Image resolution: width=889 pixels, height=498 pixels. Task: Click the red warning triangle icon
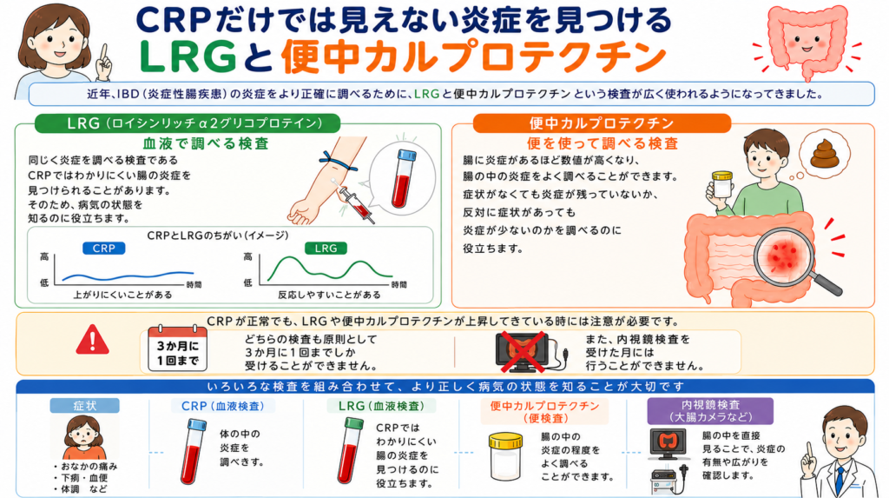tap(92, 340)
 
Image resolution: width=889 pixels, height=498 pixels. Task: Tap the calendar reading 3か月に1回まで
tap(177, 349)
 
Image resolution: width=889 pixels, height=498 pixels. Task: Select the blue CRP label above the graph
tap(104, 249)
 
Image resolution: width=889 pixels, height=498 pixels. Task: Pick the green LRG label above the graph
tap(326, 249)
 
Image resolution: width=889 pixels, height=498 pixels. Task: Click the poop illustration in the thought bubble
tap(825, 155)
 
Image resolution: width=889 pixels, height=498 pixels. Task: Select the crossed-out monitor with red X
tap(522, 352)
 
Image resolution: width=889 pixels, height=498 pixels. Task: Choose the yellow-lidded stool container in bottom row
tap(505, 456)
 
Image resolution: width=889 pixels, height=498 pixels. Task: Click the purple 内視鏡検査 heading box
tap(710, 411)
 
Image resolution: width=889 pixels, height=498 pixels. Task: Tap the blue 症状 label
tap(84, 406)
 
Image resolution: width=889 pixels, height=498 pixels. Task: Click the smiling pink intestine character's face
tap(806, 40)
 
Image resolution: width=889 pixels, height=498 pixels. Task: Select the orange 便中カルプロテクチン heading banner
tap(602, 123)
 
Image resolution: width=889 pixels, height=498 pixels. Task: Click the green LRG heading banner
tap(188, 123)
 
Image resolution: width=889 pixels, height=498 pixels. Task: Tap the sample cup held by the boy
tap(721, 184)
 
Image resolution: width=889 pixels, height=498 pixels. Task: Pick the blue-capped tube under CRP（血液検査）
tap(193, 451)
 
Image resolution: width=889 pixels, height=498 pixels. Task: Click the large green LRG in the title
tap(188, 56)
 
